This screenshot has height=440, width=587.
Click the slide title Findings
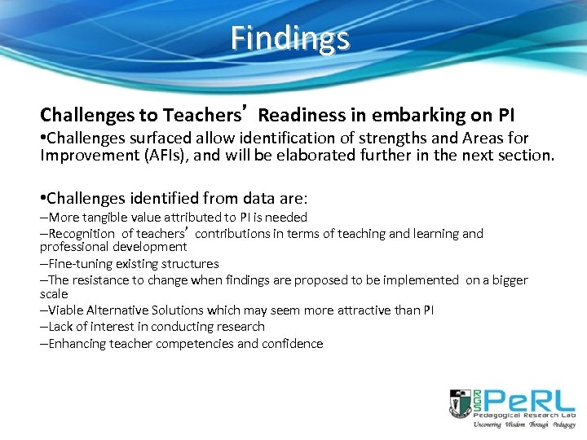point(289,38)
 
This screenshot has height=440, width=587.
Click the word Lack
point(61,327)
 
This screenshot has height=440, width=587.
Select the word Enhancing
point(77,344)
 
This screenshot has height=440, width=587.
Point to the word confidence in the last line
point(292,344)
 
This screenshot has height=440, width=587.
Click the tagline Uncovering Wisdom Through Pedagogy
point(524,425)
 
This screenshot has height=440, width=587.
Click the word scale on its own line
point(54,293)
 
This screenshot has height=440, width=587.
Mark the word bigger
point(507,280)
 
